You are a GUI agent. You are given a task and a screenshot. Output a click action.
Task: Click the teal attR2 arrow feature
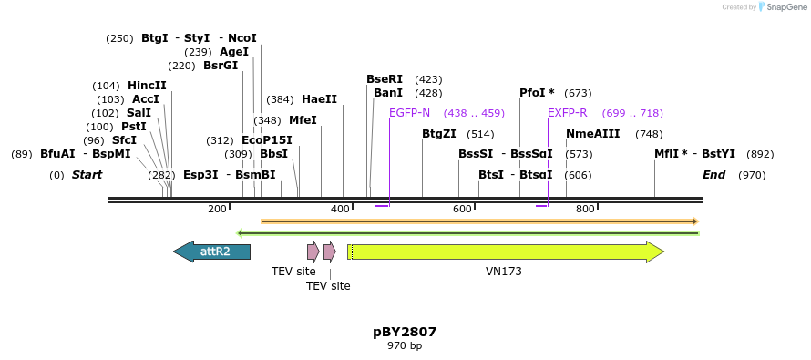coord(211,252)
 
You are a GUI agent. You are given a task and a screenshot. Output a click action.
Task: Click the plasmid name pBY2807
coord(405,332)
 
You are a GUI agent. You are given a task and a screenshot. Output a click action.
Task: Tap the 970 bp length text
coord(405,346)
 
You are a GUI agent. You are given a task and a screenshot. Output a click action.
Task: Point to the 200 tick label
coord(217,209)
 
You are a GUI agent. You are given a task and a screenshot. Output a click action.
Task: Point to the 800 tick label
coord(585,209)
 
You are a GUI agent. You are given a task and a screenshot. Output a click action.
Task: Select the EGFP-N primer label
coord(409,113)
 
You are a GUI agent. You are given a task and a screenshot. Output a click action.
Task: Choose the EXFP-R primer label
coord(567,113)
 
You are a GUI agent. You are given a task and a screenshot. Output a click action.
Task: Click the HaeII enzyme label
coord(319,99)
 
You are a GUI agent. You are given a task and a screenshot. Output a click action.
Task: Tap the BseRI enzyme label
coord(384,79)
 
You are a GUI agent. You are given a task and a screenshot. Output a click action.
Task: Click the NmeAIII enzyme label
coord(592,134)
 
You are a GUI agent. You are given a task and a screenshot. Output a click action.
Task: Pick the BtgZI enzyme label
coord(438,134)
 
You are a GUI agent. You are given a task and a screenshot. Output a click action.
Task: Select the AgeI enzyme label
coord(234,52)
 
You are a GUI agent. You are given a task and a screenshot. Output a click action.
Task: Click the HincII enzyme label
coord(147,86)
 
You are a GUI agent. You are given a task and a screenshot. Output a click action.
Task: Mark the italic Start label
coord(87,175)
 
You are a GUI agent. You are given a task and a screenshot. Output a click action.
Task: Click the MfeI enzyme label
coord(303,120)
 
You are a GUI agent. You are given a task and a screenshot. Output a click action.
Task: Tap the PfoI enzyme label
coord(537,93)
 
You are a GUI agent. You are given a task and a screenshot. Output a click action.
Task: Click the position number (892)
coord(760,154)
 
